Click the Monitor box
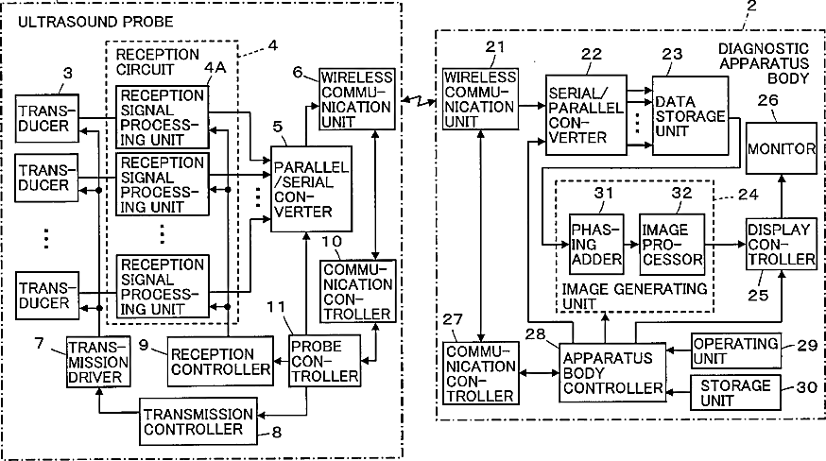[782, 148]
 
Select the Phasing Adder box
[596, 244]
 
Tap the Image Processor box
[672, 244]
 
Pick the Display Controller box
[782, 244]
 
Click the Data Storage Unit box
[691, 115]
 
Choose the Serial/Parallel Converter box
[586, 115]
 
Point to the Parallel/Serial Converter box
[311, 189]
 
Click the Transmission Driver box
[98, 362]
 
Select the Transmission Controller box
[198, 421]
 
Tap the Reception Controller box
[220, 362]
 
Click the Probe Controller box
[325, 361]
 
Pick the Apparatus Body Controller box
[612, 372]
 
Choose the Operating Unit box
[735, 350]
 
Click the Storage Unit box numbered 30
[735, 392]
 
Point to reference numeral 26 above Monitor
[767, 100]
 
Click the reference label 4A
[215, 67]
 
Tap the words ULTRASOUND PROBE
[95, 22]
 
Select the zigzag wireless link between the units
[419, 100]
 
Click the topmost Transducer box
[47, 118]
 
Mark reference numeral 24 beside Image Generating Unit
[749, 195]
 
